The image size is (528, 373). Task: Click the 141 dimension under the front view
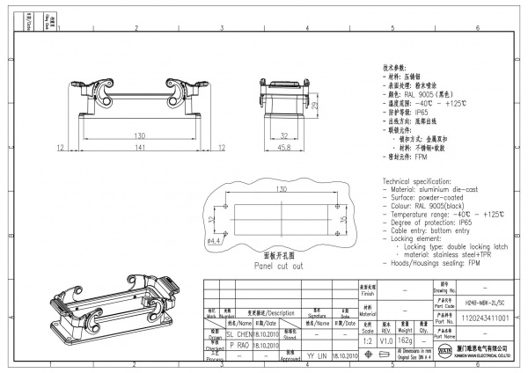pyautogui.click(x=140, y=149)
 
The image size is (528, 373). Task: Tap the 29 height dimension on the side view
pyautogui.click(x=313, y=106)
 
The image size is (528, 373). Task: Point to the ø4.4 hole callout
pyautogui.click(x=214, y=239)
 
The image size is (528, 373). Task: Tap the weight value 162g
pyautogui.click(x=406, y=339)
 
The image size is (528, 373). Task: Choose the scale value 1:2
pyautogui.click(x=366, y=339)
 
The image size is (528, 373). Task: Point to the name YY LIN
pyautogui.click(x=317, y=357)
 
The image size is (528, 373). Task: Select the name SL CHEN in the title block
pyautogui.click(x=238, y=335)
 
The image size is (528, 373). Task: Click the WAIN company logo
pyautogui.click(x=440, y=355)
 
